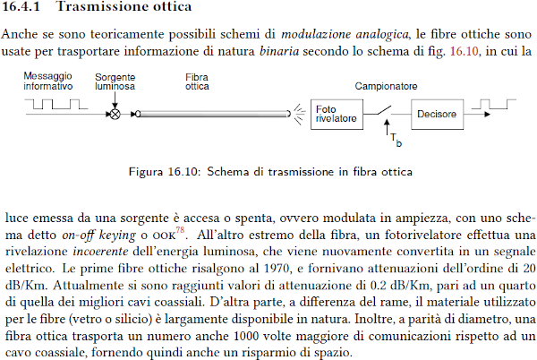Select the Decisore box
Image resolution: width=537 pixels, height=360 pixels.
point(436,114)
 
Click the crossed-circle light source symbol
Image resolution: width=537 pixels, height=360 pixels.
point(114,114)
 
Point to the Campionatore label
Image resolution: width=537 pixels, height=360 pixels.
point(386,87)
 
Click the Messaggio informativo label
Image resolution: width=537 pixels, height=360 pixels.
point(49,83)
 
